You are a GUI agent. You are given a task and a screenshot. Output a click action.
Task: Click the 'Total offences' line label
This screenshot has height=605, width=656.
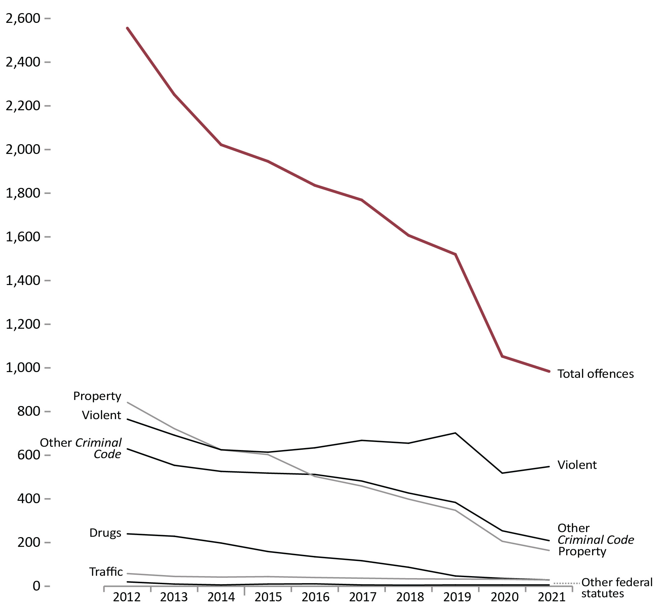coord(595,374)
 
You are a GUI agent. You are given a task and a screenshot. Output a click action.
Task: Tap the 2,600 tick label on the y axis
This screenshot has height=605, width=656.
coord(23,18)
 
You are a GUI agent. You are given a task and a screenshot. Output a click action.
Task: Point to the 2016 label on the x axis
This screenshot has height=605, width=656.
coord(315,597)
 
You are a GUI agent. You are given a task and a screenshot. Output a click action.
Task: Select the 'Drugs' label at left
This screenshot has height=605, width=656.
coord(105,533)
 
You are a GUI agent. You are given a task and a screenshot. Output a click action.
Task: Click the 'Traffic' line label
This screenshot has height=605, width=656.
coord(106,572)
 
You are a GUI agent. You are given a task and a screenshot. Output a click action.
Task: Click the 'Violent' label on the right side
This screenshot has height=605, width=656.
coord(577,465)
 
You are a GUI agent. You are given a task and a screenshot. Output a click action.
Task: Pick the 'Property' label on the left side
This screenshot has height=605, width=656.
coord(97,396)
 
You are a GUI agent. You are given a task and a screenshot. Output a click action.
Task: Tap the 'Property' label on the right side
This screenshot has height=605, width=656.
coord(582,551)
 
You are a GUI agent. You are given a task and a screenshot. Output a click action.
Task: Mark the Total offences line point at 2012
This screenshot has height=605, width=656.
coord(127,28)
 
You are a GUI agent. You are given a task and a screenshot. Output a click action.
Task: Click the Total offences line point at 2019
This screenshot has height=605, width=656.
coord(455,254)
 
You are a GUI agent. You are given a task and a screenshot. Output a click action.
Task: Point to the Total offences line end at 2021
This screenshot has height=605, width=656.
coord(549,371)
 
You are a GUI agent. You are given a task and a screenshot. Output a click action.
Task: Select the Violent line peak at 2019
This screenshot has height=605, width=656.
coord(455,433)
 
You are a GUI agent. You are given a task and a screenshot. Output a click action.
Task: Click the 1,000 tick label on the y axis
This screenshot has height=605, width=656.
coord(23,368)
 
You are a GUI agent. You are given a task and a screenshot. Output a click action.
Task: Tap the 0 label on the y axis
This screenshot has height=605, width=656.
coord(36,586)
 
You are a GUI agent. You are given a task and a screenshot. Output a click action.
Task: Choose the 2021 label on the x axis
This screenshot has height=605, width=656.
coord(552,597)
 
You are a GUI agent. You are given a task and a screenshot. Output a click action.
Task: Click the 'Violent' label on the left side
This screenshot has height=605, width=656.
coord(101,415)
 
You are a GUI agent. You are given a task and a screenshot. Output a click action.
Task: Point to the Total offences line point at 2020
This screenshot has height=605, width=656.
coord(502,356)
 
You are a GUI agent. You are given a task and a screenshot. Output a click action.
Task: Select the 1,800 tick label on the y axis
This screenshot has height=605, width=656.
coord(23,193)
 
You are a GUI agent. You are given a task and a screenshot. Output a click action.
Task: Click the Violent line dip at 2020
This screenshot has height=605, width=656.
coord(502,473)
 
